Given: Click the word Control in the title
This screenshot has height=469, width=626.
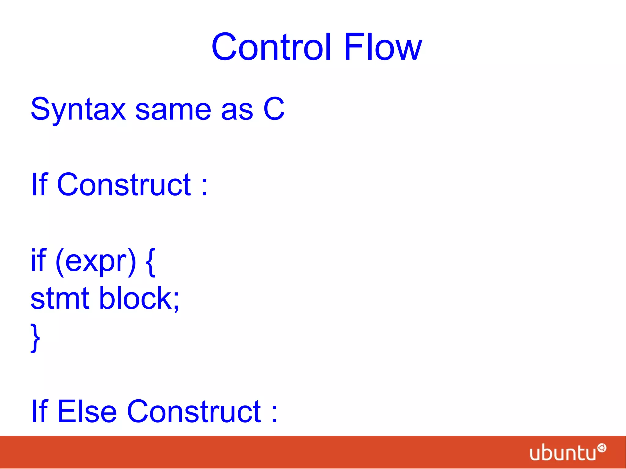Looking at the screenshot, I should click(x=271, y=47).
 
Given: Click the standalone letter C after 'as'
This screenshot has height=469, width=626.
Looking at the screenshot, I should click(x=274, y=109).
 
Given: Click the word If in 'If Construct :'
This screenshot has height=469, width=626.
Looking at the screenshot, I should click(x=39, y=184).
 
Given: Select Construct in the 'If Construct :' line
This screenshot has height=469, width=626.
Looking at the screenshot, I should click(x=124, y=185).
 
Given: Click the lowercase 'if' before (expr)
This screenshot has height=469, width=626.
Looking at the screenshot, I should click(x=39, y=260).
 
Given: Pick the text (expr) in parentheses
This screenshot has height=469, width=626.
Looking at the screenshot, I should click(x=96, y=262).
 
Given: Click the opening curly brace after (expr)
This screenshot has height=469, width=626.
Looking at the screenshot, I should click(x=151, y=262).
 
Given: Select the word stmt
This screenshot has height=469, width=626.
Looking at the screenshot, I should click(x=60, y=299).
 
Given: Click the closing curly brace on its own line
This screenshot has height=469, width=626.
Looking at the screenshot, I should click(x=35, y=338).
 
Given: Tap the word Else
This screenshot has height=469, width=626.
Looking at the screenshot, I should click(x=87, y=412).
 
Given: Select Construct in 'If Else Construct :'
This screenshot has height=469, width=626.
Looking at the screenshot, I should click(x=194, y=412).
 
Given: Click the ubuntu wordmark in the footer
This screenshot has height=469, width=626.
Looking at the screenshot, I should click(x=563, y=453).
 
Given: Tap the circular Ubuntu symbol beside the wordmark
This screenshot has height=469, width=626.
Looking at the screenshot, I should click(x=602, y=448).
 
